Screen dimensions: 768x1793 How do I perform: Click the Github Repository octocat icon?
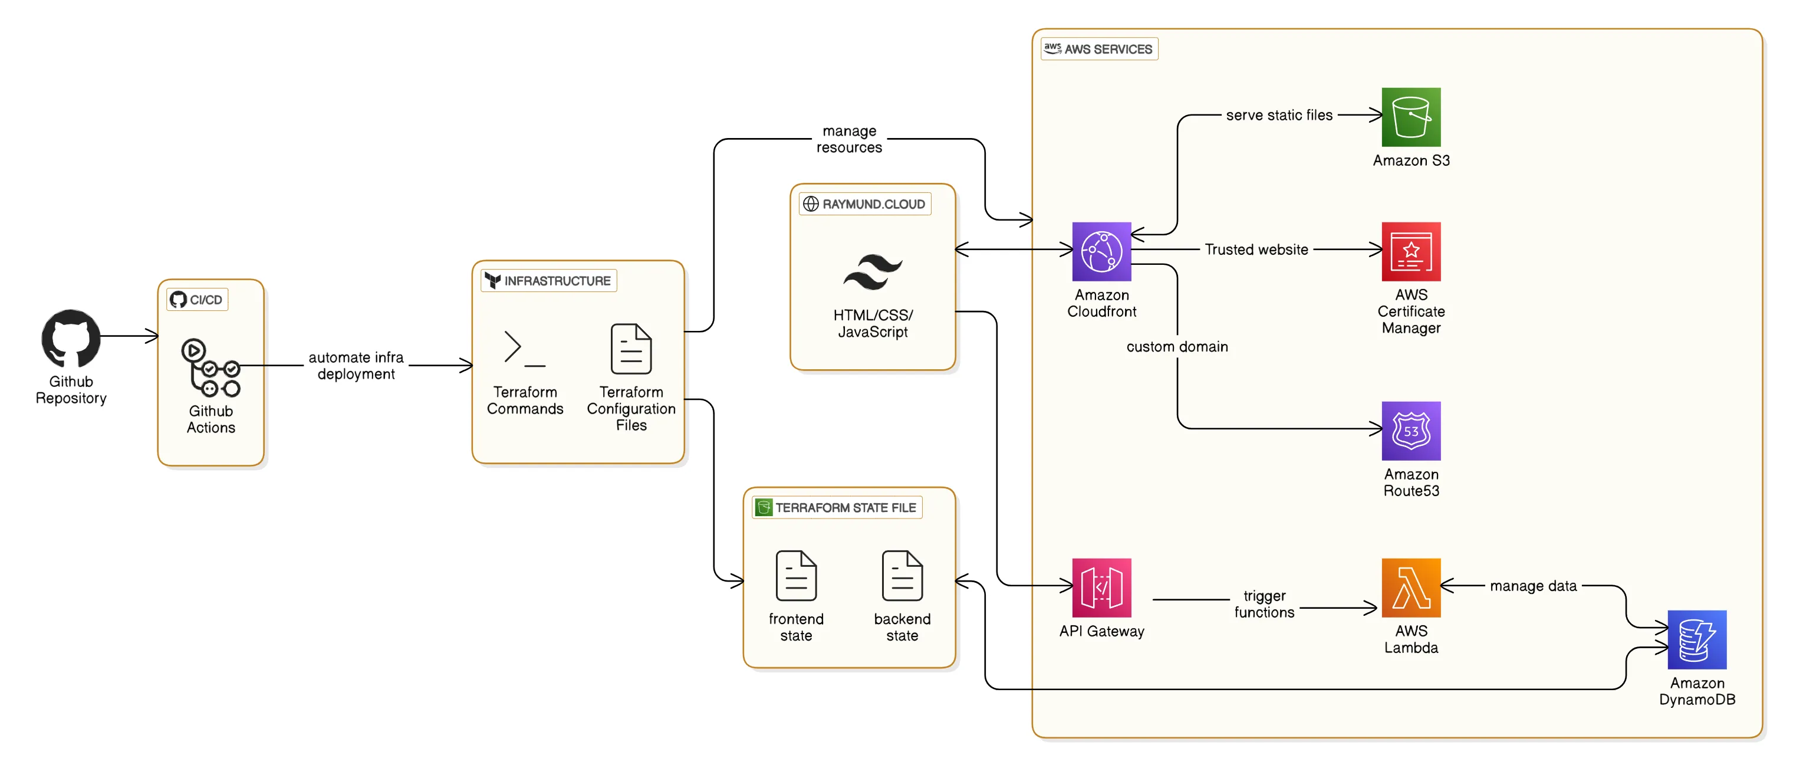[x=71, y=339]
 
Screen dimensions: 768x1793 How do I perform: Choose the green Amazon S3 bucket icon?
[x=1410, y=117]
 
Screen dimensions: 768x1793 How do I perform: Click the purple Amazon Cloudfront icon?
[x=1101, y=251]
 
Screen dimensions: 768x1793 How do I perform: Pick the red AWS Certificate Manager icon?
[x=1410, y=251]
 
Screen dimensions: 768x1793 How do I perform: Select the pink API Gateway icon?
[x=1101, y=587]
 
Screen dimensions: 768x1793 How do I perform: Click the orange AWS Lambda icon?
[x=1410, y=587]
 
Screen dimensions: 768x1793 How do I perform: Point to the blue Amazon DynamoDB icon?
[x=1696, y=639]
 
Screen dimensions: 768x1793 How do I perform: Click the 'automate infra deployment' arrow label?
[x=356, y=366]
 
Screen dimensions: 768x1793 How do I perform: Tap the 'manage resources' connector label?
[x=848, y=139]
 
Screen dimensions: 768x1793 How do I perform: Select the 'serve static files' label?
[x=1279, y=115]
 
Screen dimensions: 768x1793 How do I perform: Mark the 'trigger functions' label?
[x=1264, y=603]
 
